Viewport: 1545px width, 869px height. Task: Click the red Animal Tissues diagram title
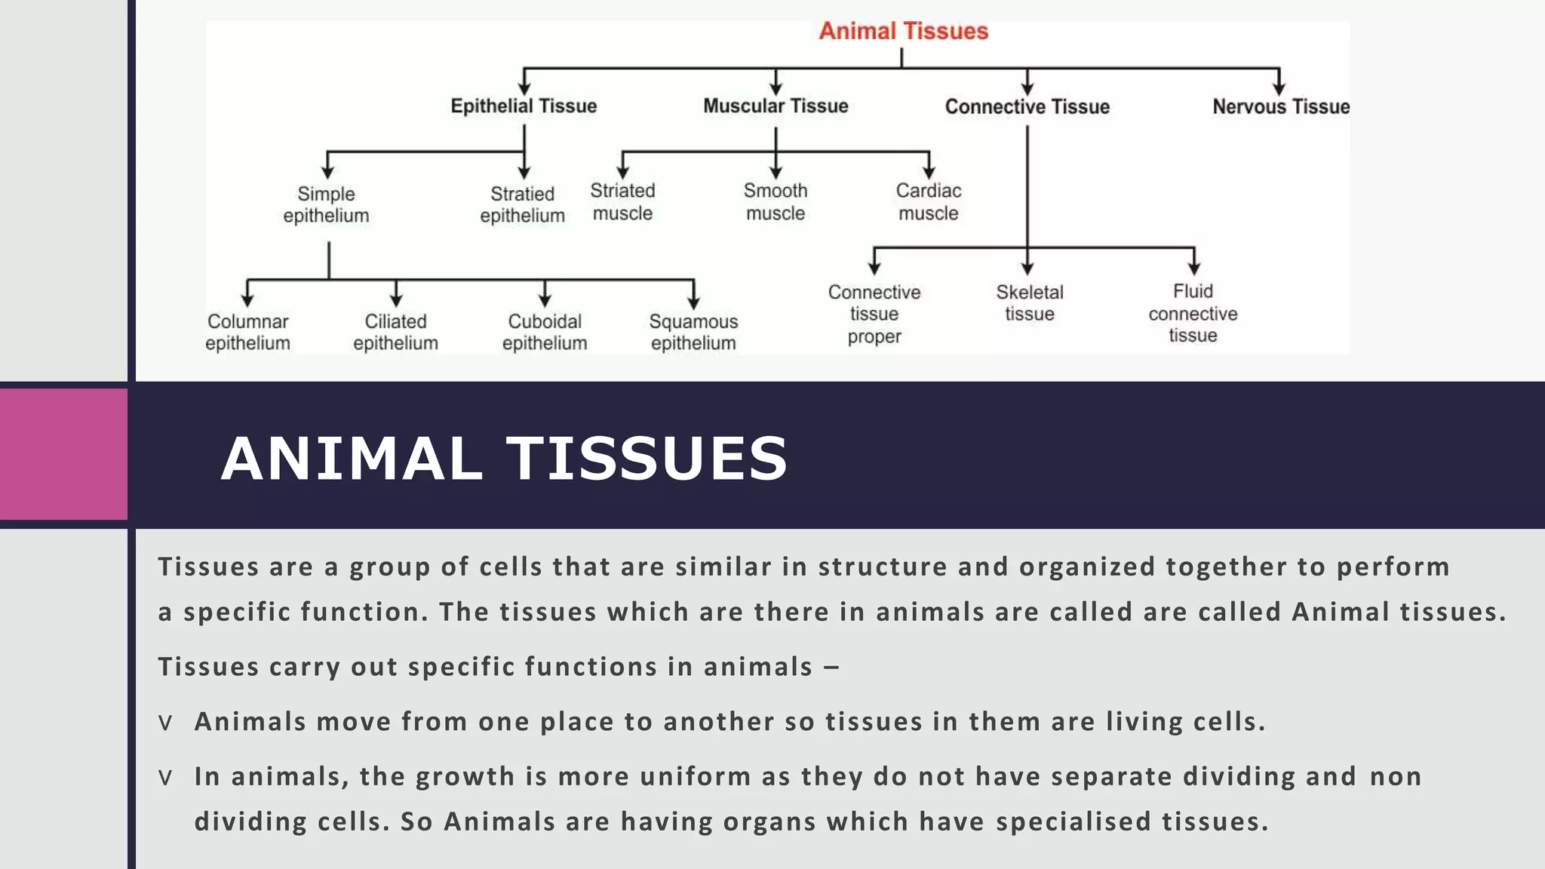click(x=903, y=31)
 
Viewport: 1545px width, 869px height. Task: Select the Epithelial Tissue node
click(x=524, y=106)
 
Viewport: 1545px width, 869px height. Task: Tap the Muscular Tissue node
click(x=776, y=106)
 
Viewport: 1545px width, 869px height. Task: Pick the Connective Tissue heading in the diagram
click(x=1027, y=106)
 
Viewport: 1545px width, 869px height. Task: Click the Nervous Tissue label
click(x=1280, y=106)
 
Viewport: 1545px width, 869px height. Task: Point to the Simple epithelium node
click(x=326, y=204)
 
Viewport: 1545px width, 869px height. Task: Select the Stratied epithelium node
click(x=522, y=204)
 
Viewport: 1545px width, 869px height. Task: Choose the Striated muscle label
click(x=622, y=201)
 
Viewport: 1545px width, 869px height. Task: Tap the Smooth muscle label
click(x=776, y=201)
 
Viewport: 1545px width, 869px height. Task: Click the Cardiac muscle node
click(x=928, y=201)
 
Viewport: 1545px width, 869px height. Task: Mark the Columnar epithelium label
click(x=247, y=332)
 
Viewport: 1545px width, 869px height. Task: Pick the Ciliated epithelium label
click(x=395, y=332)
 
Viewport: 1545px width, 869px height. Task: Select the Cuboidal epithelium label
click(x=544, y=332)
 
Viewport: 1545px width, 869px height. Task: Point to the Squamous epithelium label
click(x=693, y=332)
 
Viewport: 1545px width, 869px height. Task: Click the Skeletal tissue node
click(x=1029, y=302)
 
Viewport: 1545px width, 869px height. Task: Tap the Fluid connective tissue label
click(x=1193, y=313)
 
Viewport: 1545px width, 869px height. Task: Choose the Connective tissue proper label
click(x=874, y=314)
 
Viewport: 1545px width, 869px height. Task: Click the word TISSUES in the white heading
click(x=647, y=458)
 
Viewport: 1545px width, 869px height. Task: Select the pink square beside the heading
click(x=63, y=454)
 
